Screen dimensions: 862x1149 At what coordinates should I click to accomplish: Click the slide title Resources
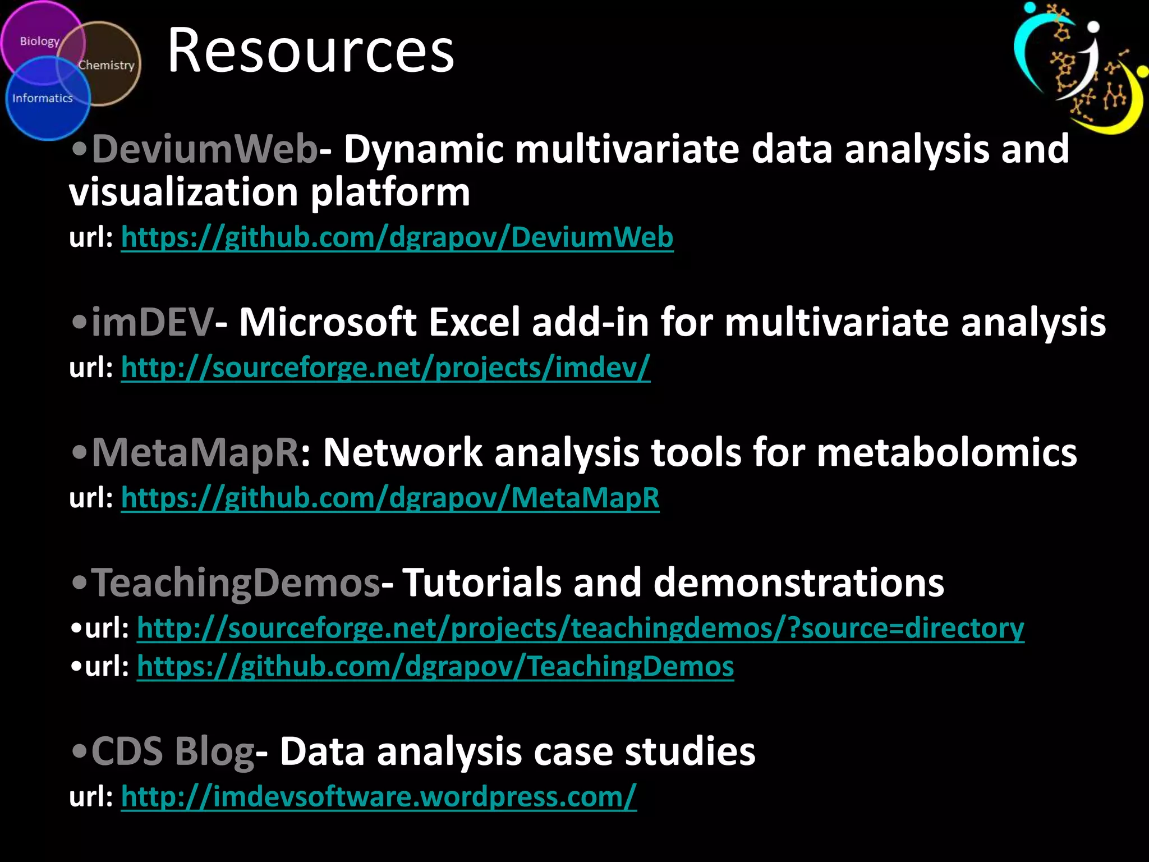[x=310, y=51]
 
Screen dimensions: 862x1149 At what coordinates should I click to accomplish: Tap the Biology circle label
[x=39, y=42]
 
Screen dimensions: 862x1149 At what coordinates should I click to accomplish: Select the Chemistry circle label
[x=107, y=65]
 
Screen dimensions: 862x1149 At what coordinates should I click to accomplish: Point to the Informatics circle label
[x=43, y=98]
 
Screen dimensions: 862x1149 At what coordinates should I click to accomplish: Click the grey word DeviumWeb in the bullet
[x=205, y=149]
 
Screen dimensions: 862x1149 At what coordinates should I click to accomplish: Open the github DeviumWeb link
[x=397, y=237]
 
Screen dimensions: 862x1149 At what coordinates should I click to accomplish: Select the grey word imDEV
[x=152, y=323]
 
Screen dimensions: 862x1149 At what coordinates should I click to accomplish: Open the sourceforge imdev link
[x=385, y=368]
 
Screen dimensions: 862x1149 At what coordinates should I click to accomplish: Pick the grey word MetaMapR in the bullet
[x=195, y=453]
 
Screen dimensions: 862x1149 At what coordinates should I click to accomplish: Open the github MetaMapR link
[x=390, y=498]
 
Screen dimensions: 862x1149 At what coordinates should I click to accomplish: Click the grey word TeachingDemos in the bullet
[x=236, y=583]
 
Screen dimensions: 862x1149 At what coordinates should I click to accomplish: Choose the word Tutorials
[x=482, y=583]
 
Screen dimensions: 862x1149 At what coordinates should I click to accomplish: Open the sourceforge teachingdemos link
[x=580, y=628]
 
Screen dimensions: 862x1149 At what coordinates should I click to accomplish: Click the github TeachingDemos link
[x=435, y=667]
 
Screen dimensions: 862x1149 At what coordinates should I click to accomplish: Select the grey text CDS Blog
[x=173, y=752]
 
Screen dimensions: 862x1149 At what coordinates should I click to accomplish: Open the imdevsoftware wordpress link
[x=379, y=797]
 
